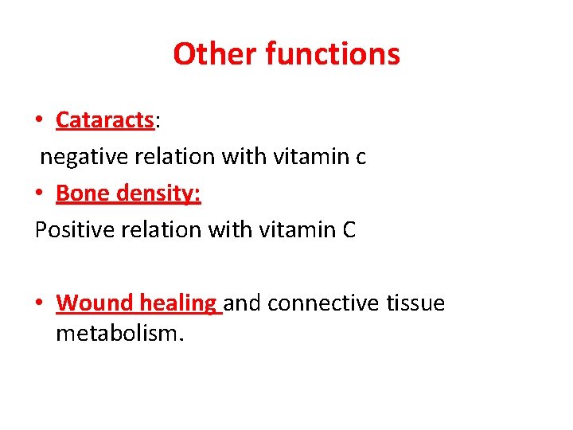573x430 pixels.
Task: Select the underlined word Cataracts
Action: pos(104,120)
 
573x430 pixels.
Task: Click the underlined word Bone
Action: pos(80,193)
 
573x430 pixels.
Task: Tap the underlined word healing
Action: pos(178,304)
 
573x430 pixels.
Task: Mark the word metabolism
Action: pos(119,333)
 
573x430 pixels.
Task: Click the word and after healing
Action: pos(244,303)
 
